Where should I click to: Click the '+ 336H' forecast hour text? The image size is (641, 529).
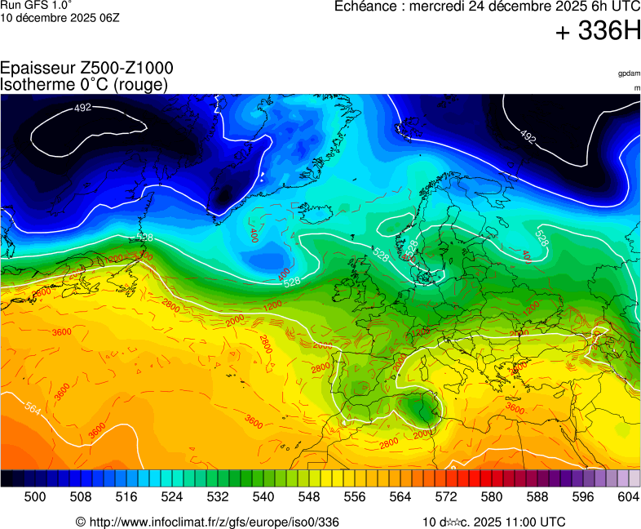(599, 32)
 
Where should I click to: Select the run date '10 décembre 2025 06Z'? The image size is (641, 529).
(60, 17)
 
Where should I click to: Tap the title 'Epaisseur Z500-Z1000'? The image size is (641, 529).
(86, 69)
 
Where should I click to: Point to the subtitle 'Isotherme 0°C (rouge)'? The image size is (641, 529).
(85, 84)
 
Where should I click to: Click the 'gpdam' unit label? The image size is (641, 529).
(629, 73)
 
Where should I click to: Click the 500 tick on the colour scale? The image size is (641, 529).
(35, 496)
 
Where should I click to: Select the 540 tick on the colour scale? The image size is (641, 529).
(263, 496)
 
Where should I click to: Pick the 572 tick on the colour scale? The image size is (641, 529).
(446, 496)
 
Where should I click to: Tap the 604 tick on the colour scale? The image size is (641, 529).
(629, 496)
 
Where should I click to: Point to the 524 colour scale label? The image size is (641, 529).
(172, 496)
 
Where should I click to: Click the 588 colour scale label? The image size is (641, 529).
(537, 496)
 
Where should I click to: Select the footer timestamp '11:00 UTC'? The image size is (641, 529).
(533, 522)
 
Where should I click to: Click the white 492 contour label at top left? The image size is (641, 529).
(82, 108)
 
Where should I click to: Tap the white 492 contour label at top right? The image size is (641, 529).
(528, 137)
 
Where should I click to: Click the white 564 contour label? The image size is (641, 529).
(33, 407)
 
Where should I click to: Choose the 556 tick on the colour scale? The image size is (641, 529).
(355, 496)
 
